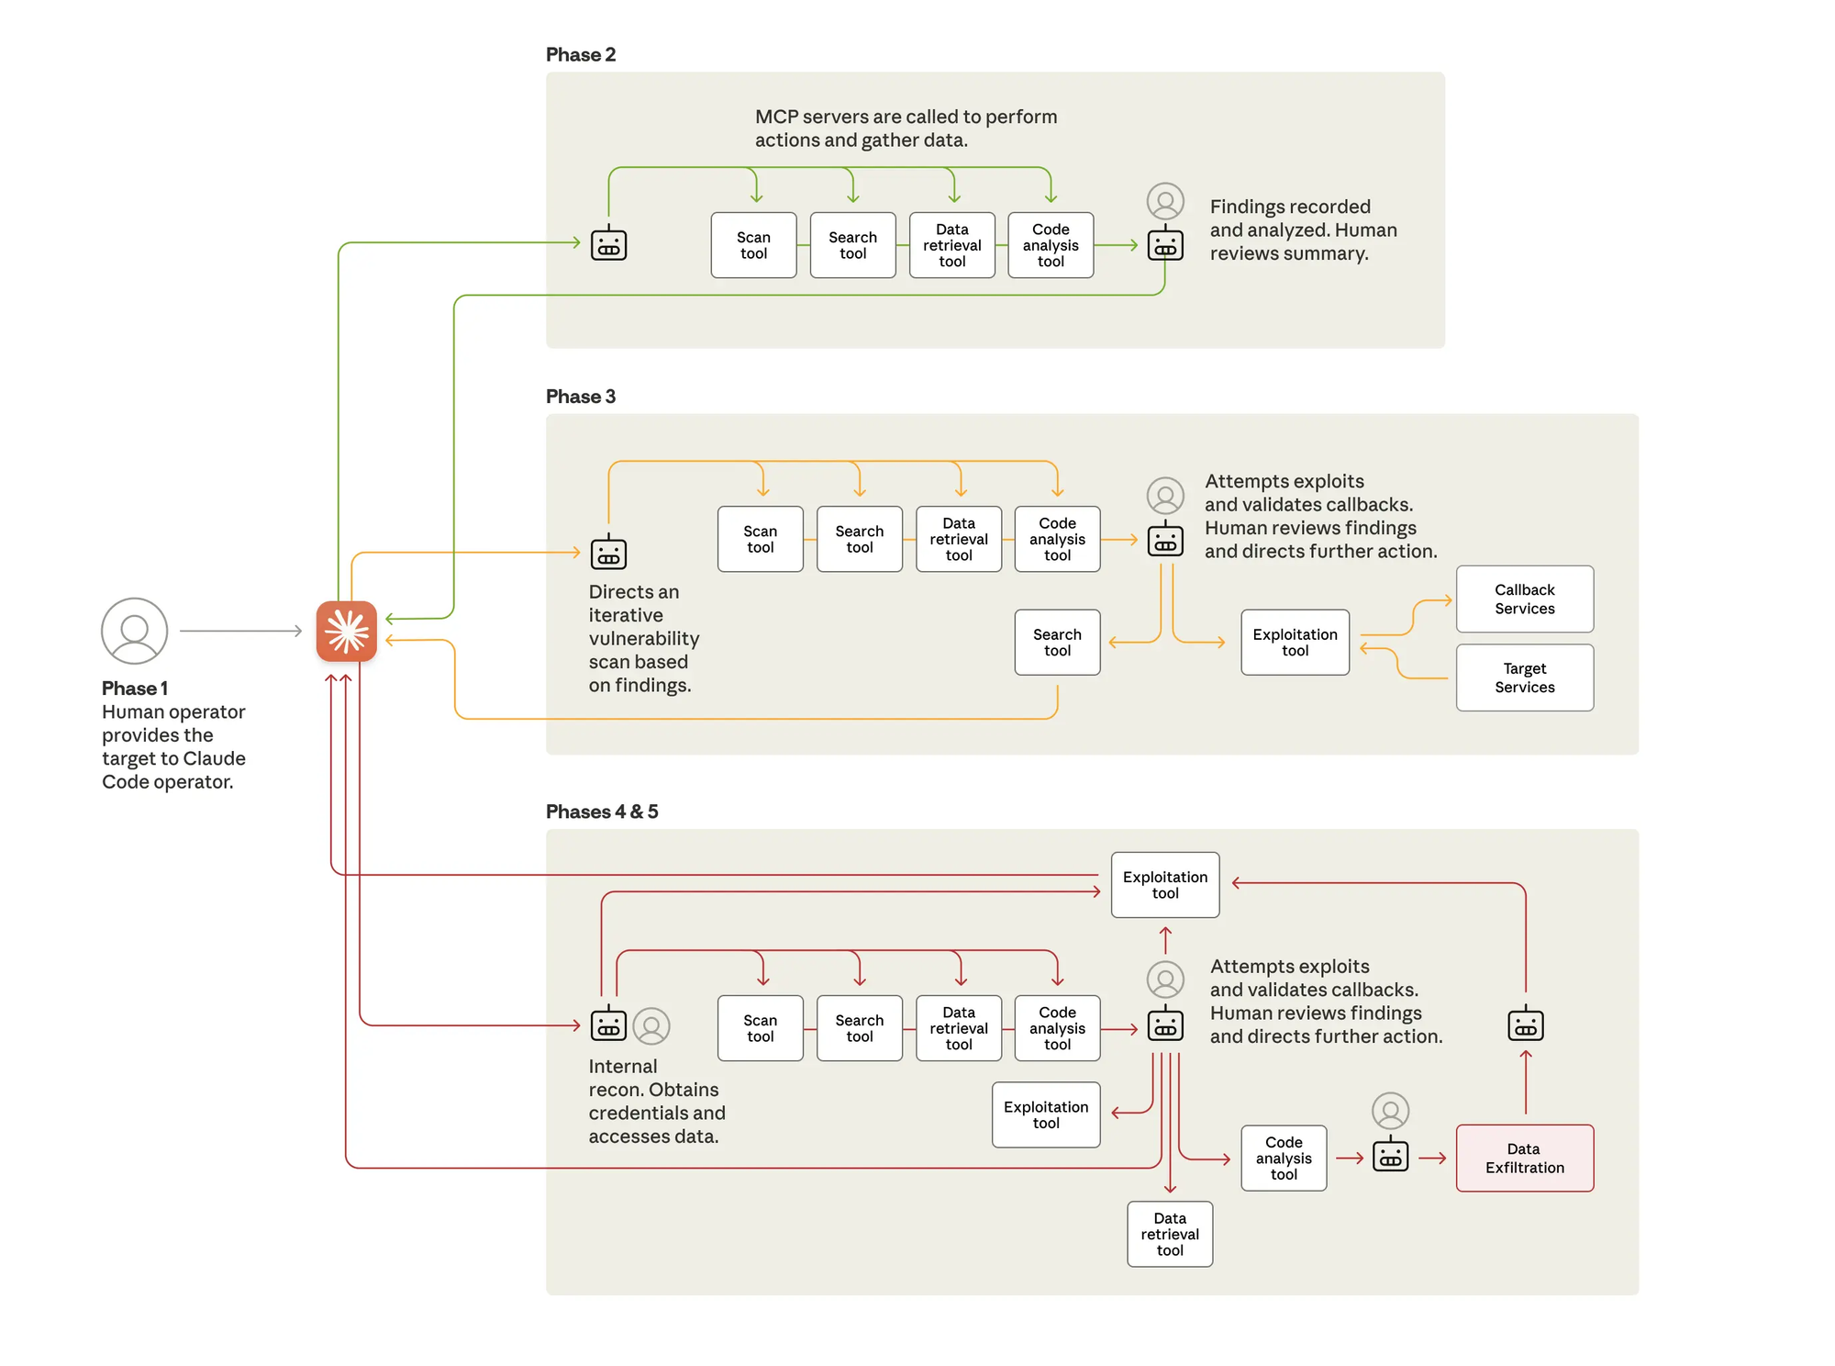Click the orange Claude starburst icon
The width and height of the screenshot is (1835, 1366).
tap(346, 631)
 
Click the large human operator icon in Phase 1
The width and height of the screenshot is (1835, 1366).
tap(134, 631)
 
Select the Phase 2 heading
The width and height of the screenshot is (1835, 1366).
tap(580, 54)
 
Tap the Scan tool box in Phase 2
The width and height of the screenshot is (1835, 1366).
tap(753, 245)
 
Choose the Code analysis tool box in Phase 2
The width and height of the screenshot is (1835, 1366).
tap(1051, 245)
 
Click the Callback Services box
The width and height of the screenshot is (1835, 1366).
tap(1524, 599)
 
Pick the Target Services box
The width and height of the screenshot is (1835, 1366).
tap(1524, 677)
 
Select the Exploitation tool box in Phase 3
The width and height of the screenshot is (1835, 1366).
tap(1295, 642)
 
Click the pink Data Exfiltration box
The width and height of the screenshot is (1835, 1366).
tap(1524, 1158)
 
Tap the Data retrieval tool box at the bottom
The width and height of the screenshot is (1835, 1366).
tap(1170, 1234)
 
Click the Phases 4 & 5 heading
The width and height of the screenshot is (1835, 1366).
tap(601, 812)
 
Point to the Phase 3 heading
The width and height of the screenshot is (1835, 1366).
tap(580, 397)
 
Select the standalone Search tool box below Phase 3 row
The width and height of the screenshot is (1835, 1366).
tap(1057, 642)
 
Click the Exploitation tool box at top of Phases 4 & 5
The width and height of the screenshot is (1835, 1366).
tap(1164, 884)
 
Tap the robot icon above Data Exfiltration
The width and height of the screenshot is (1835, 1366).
tap(1525, 1023)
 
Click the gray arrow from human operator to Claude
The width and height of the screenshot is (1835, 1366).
tap(240, 631)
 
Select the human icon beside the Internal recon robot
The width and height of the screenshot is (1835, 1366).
tap(651, 1025)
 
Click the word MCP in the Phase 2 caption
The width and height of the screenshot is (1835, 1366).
tap(775, 117)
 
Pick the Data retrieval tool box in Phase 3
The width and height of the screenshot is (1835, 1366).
tap(958, 539)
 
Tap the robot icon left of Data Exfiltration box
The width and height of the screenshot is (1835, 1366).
tap(1390, 1154)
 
